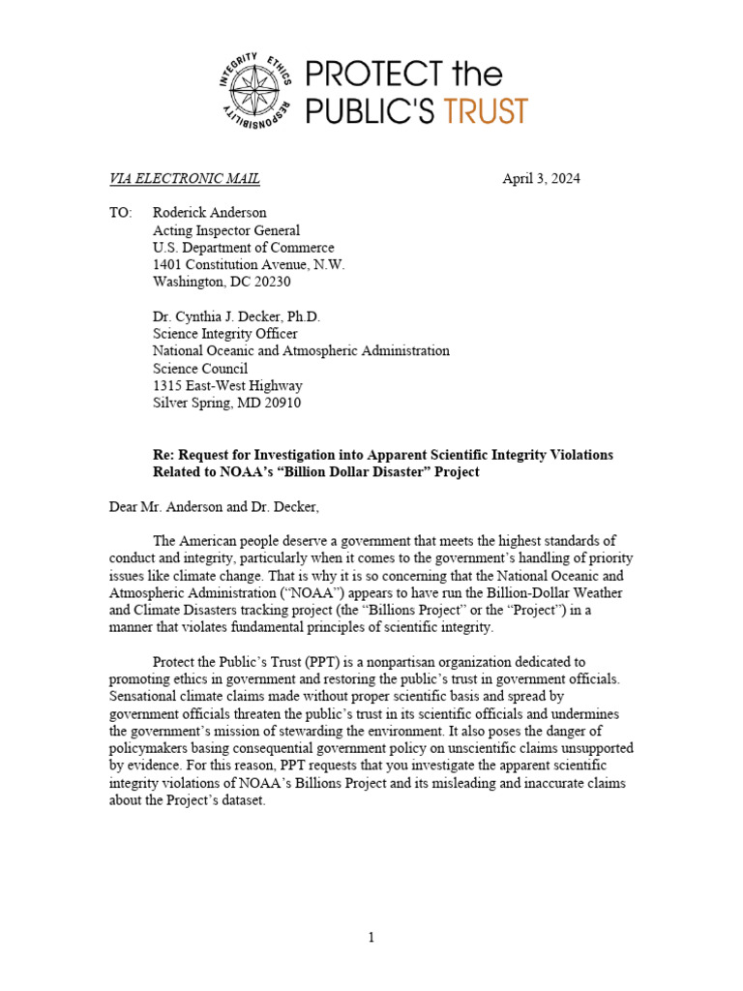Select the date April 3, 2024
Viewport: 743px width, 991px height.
pyautogui.click(x=541, y=178)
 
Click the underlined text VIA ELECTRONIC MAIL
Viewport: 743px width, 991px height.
pyautogui.click(x=184, y=178)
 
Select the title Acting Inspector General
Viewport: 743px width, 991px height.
pyautogui.click(x=226, y=229)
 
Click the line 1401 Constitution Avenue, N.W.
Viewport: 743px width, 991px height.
pyautogui.click(x=249, y=264)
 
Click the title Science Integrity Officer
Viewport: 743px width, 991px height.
pyautogui.click(x=225, y=334)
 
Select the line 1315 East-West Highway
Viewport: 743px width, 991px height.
pyautogui.click(x=227, y=385)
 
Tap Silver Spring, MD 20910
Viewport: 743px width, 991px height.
pyautogui.click(x=226, y=403)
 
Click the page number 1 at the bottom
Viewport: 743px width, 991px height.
pyautogui.click(x=371, y=937)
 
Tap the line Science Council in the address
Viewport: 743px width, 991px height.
pyautogui.click(x=200, y=368)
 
